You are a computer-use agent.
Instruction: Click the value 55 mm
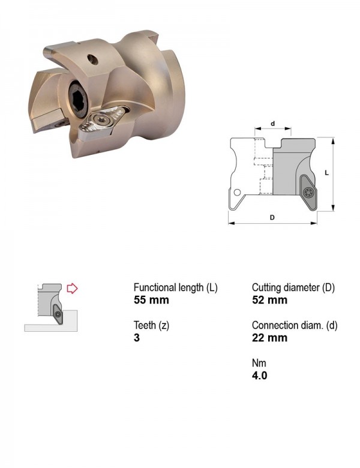(x=151, y=300)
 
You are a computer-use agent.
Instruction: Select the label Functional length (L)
(x=176, y=287)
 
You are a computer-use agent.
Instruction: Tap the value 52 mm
(x=269, y=300)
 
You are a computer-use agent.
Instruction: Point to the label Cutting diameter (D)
(x=293, y=287)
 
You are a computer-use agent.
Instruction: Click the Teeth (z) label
(x=151, y=325)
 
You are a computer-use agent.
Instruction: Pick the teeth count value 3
(x=137, y=338)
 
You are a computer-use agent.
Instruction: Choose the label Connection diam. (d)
(x=295, y=325)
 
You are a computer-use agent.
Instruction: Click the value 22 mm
(x=269, y=338)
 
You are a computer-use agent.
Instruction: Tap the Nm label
(x=259, y=363)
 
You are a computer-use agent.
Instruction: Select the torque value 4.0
(x=259, y=376)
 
